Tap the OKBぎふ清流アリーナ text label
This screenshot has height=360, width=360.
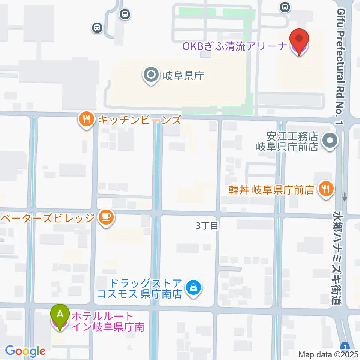click(235, 47)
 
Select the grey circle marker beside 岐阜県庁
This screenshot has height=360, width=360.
click(151, 75)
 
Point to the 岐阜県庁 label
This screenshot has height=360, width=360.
click(183, 76)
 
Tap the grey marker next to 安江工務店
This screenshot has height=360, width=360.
click(330, 142)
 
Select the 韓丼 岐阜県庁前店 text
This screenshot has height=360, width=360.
click(272, 190)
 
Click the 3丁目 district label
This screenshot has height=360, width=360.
click(207, 226)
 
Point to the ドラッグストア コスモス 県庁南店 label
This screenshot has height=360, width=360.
click(139, 288)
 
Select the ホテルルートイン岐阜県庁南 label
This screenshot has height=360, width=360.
click(108, 321)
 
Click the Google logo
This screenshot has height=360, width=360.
click(25, 351)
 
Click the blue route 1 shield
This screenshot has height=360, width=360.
click(345, 346)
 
